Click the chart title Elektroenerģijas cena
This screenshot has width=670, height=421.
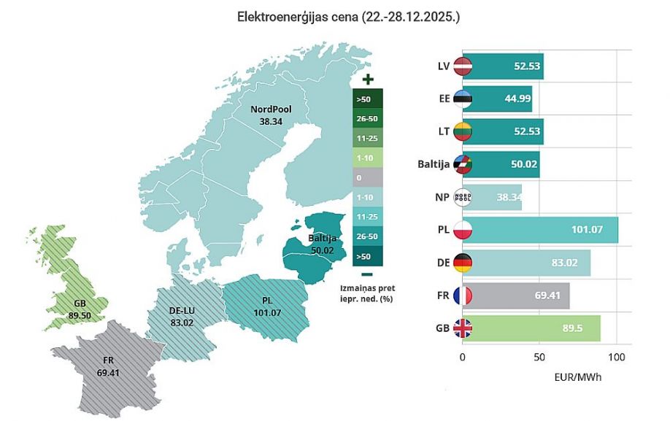pyautogui.click(x=348, y=16)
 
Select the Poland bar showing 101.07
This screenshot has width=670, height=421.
pyautogui.click(x=540, y=230)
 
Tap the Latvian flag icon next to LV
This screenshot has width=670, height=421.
pyautogui.click(x=463, y=66)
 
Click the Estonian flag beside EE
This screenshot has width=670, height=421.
pyautogui.click(x=463, y=99)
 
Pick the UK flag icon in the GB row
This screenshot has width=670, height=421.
pyautogui.click(x=463, y=328)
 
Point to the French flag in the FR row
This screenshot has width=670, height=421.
pyautogui.click(x=463, y=296)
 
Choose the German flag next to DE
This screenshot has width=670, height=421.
pyautogui.click(x=463, y=263)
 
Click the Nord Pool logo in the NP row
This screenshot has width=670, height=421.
pyautogui.click(x=463, y=197)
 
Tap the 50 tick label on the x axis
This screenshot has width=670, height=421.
pyautogui.click(x=539, y=358)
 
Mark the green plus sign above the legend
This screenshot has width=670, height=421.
pyautogui.click(x=368, y=79)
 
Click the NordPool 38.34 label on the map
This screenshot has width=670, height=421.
pyautogui.click(x=271, y=115)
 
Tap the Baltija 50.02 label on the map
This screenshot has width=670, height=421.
pyautogui.click(x=322, y=244)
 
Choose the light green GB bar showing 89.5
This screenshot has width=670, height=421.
pyautogui.click(x=531, y=328)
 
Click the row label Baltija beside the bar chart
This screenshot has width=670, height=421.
pyautogui.click(x=433, y=165)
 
